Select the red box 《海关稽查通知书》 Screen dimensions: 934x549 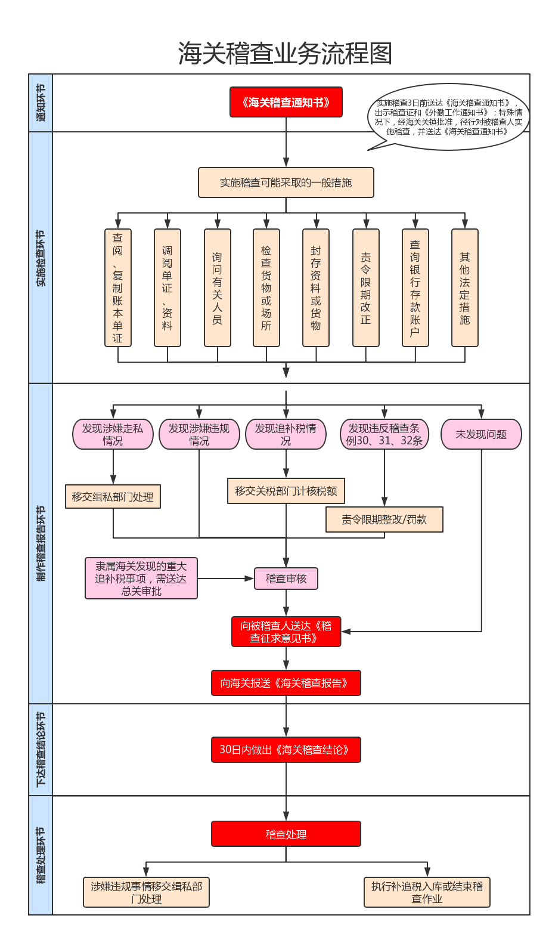(x=286, y=102)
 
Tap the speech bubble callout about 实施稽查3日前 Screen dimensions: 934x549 (x=448, y=116)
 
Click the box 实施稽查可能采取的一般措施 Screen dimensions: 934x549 (x=286, y=183)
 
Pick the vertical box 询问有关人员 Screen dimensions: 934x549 (x=217, y=287)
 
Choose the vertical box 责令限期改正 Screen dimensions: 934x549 (x=365, y=287)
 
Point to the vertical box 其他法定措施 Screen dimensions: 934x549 (x=464, y=287)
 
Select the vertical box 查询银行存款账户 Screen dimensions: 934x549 (x=415, y=287)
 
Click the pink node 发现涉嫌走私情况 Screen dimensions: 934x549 (x=113, y=434)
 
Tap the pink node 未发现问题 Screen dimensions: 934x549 (x=481, y=434)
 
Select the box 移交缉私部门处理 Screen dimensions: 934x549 (x=113, y=496)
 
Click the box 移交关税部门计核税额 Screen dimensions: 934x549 (x=286, y=491)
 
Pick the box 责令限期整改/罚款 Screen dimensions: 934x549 (x=384, y=519)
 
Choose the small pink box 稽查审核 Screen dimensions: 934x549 (x=286, y=579)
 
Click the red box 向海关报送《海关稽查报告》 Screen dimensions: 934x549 (x=286, y=683)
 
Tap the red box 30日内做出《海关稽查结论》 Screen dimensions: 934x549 (x=286, y=750)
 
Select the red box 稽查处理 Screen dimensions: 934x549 (x=286, y=834)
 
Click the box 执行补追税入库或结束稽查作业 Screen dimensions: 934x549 (x=427, y=892)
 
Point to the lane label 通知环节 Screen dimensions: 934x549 (x=41, y=103)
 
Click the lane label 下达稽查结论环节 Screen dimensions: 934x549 (x=41, y=749)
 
